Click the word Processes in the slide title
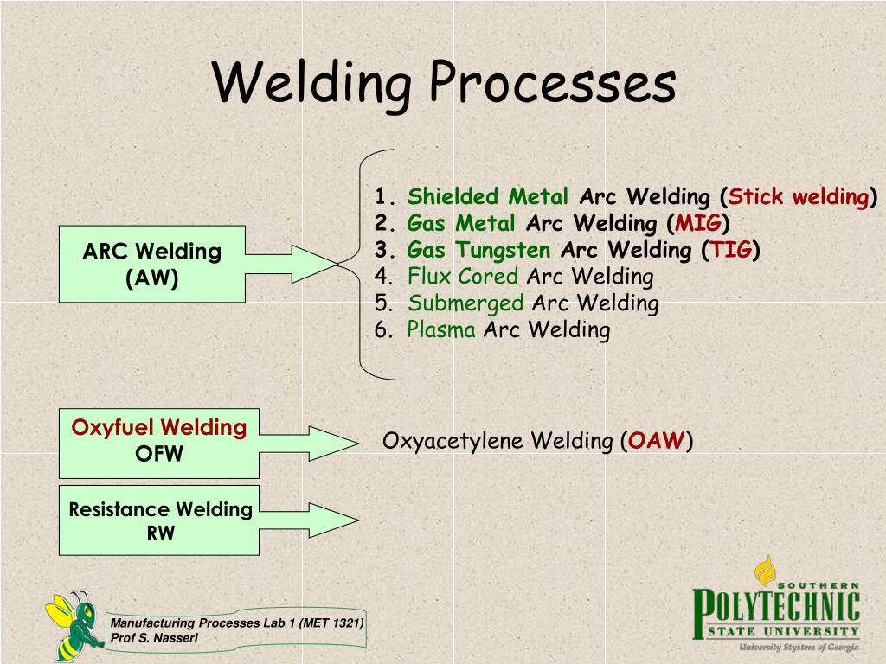coord(553,85)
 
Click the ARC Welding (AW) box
coord(152,264)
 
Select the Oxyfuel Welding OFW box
coord(159,443)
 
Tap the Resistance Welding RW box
coord(159,520)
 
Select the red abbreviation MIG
coord(698,223)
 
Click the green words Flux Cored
coord(463,277)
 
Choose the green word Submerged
coord(465,303)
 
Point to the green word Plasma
coord(441,329)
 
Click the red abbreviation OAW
coord(657,441)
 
